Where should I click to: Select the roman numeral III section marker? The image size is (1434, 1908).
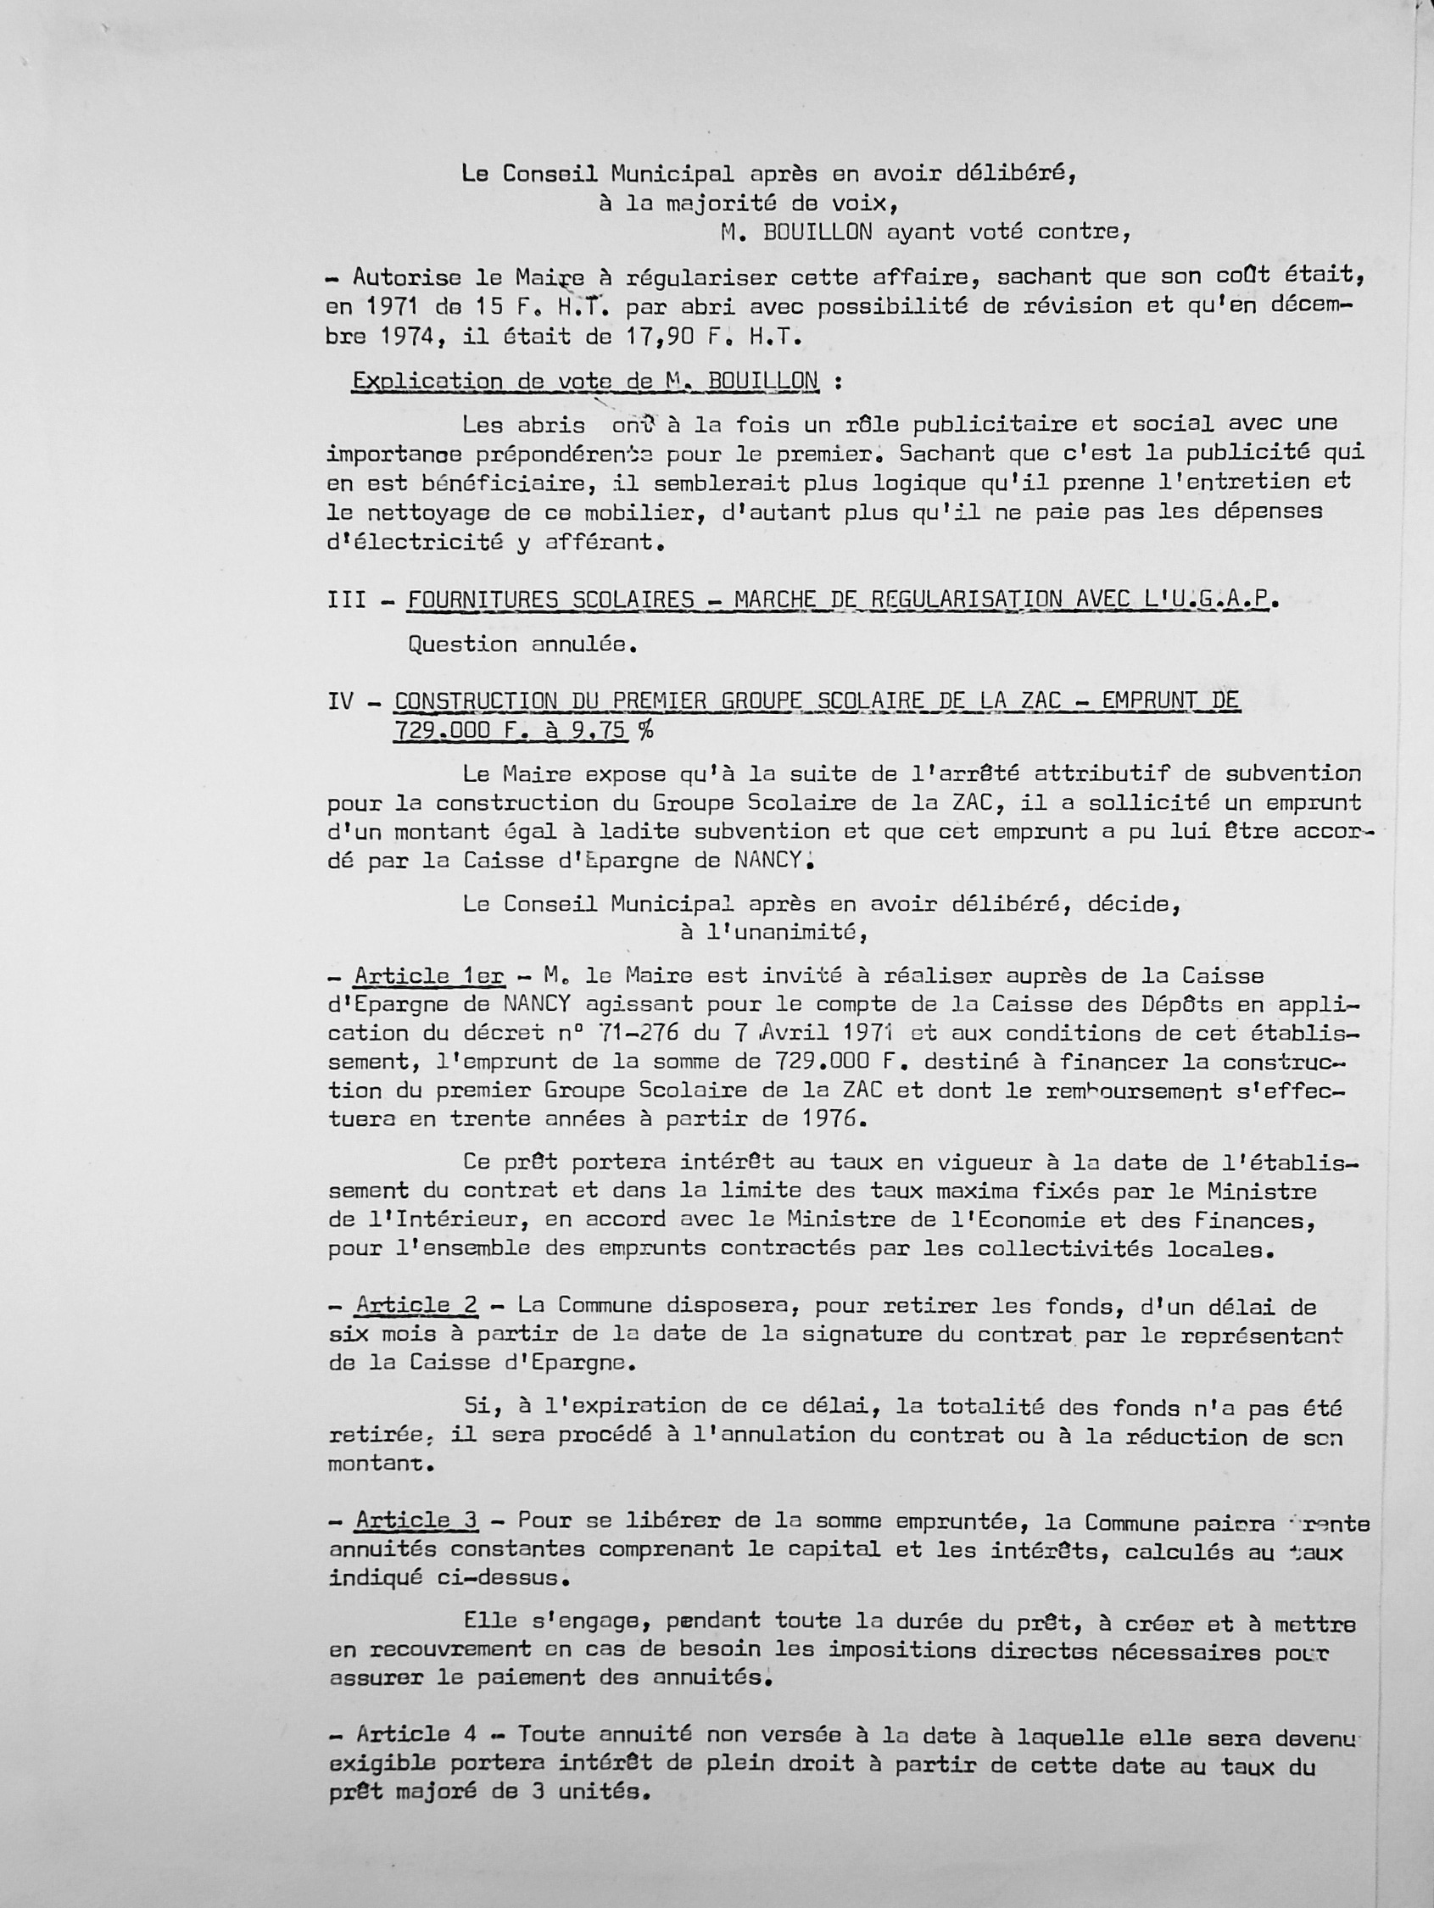[347, 599]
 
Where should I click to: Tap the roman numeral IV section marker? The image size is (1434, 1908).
[341, 701]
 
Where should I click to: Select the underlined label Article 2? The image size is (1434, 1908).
[416, 1305]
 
